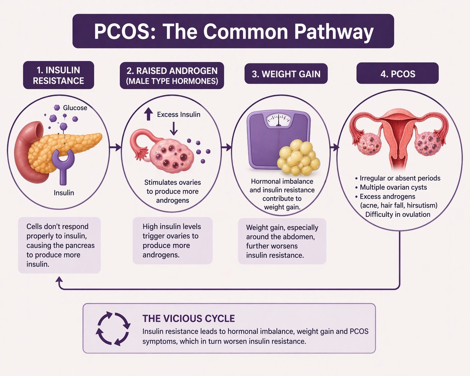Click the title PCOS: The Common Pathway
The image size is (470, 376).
click(233, 31)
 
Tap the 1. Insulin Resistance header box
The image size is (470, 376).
click(59, 75)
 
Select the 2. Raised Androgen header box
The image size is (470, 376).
click(172, 75)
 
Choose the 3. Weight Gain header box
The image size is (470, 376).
click(286, 74)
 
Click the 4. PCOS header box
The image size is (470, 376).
click(398, 73)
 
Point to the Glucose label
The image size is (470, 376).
click(75, 108)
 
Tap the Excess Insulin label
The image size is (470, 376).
click(178, 114)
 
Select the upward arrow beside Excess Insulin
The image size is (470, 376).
click(149, 114)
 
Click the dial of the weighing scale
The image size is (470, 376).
click(279, 120)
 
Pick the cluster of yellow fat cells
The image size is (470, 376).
click(298, 157)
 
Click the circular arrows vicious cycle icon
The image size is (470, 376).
click(113, 329)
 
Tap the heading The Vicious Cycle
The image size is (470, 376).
click(188, 319)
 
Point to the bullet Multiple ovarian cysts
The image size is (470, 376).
click(391, 187)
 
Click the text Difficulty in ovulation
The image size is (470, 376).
click(398, 214)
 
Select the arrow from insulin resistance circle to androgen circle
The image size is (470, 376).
click(115, 147)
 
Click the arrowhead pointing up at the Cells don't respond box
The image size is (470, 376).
click(59, 280)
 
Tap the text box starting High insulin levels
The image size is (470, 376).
click(173, 241)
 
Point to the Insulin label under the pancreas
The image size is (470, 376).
click(64, 193)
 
